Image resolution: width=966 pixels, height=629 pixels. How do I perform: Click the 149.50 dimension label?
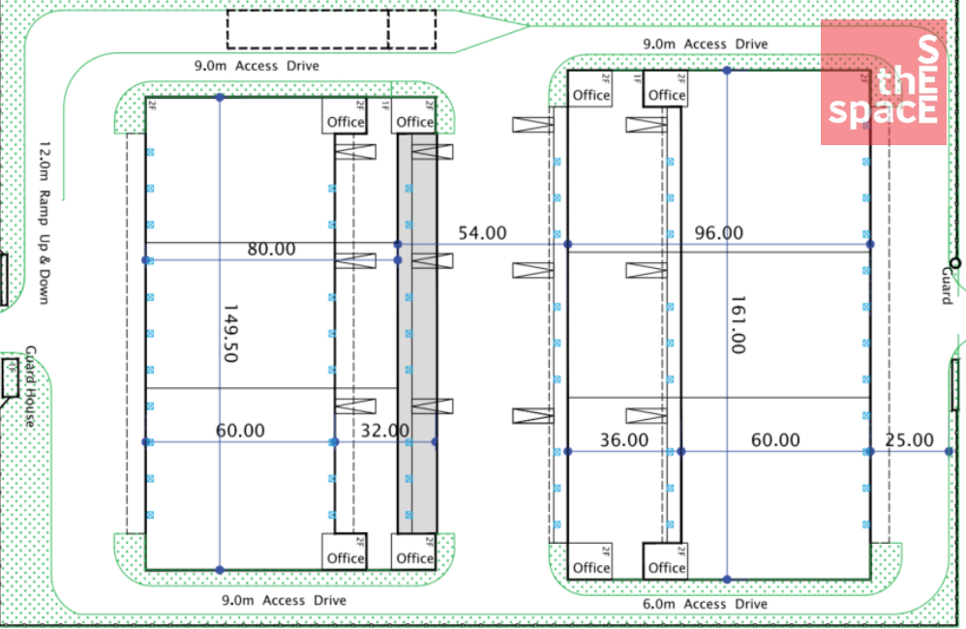(x=229, y=334)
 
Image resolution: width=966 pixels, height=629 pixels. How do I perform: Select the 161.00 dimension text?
(x=738, y=324)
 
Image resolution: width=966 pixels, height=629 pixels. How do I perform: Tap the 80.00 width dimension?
(x=271, y=249)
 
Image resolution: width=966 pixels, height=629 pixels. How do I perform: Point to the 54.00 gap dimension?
(x=482, y=233)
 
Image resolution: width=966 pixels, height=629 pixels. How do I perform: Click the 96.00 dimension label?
(x=719, y=233)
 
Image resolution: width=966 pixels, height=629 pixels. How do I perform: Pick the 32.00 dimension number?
(x=385, y=431)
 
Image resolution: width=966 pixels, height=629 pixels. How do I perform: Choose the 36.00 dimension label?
(x=624, y=440)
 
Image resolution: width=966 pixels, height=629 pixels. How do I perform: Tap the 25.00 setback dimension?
(x=910, y=440)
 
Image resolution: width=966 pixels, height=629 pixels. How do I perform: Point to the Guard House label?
(x=30, y=386)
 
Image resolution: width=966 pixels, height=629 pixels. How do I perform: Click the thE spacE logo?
(x=883, y=83)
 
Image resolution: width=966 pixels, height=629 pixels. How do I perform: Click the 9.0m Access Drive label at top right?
(x=706, y=44)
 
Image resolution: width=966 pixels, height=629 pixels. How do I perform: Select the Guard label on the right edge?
(x=947, y=285)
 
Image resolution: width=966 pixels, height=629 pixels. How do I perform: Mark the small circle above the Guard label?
(x=955, y=262)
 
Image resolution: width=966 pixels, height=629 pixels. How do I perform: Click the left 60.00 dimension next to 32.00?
(x=240, y=431)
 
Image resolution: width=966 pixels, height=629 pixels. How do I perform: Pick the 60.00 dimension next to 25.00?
(x=776, y=440)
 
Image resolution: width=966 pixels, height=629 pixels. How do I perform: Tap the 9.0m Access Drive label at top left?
(x=257, y=66)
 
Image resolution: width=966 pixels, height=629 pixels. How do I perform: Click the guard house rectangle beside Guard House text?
(x=11, y=377)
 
